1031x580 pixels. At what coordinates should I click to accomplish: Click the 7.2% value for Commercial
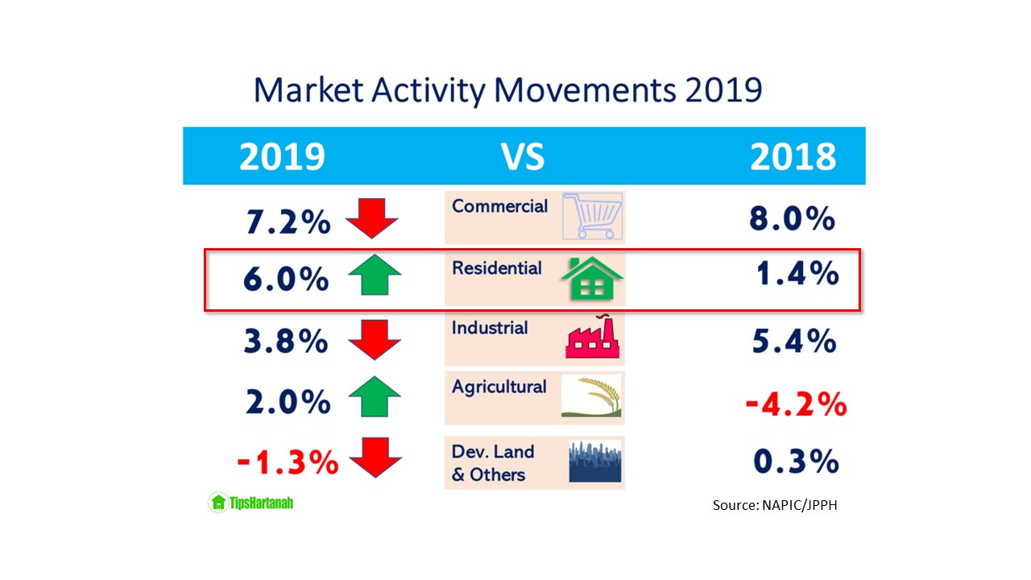click(x=287, y=221)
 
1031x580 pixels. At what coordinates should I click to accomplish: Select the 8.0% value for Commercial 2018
click(x=792, y=218)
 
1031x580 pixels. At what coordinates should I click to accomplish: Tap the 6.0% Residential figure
click(x=286, y=280)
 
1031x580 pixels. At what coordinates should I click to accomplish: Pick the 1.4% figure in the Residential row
click(x=796, y=275)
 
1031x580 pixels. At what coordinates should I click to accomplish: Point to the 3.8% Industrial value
click(x=286, y=341)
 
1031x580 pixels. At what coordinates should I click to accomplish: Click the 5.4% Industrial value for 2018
click(x=793, y=341)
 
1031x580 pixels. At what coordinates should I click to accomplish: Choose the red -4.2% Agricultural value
click(x=796, y=404)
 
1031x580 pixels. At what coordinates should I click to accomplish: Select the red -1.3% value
click(x=288, y=462)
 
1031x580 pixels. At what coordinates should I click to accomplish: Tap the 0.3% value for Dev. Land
click(x=796, y=462)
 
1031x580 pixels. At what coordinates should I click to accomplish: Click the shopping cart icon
click(x=592, y=216)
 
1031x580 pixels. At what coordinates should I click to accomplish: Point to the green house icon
click(x=592, y=280)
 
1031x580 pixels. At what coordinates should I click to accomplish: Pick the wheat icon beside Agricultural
click(x=592, y=398)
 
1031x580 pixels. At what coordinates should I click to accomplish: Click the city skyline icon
click(x=595, y=462)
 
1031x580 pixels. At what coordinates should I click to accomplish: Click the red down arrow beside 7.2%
click(x=372, y=217)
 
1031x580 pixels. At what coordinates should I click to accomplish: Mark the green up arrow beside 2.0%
click(x=374, y=397)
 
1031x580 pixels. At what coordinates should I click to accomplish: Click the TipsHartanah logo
click(x=251, y=503)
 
